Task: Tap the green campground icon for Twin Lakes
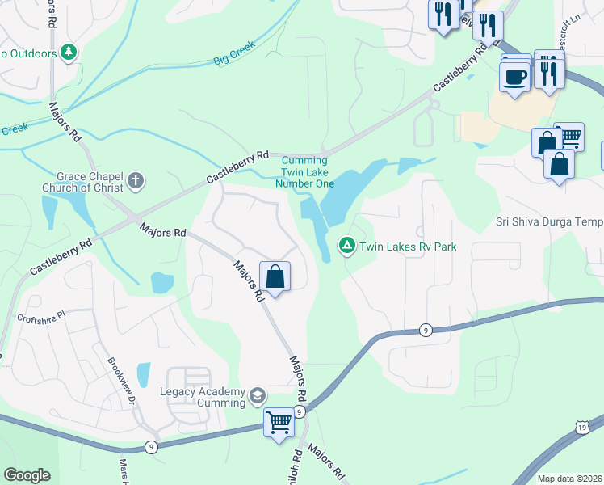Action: click(346, 244)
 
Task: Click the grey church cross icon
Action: click(136, 182)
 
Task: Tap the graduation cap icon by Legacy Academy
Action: click(257, 396)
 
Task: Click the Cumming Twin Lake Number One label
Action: click(307, 171)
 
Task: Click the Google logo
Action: click(27, 475)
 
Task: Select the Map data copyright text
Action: click(569, 479)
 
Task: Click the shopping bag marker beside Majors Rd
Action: click(275, 276)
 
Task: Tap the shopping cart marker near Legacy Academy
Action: click(279, 422)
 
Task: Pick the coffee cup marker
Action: click(514, 77)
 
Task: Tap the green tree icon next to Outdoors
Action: click(69, 53)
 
